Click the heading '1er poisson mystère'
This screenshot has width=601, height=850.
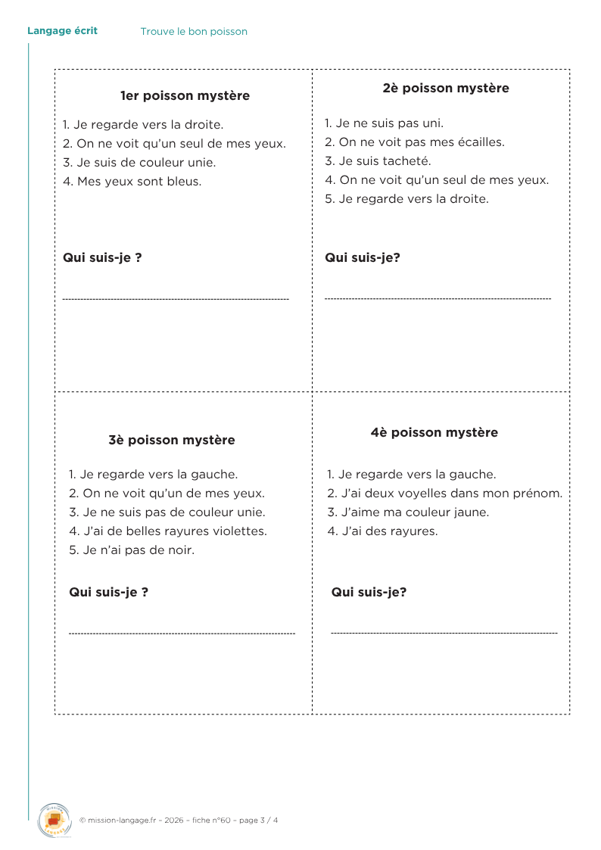185,96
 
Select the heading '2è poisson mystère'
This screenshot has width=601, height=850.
446,88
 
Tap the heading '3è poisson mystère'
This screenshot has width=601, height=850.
172,440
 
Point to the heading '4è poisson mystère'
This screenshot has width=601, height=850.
434,432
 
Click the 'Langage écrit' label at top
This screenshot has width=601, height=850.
62,31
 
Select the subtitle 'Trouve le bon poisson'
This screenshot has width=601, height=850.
194,32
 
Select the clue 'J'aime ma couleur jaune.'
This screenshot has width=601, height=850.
408,512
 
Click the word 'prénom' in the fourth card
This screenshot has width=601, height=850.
540,493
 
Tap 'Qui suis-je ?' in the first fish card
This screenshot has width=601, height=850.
102,257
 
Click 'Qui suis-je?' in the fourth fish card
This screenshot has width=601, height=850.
369,592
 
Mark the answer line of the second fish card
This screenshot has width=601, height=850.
438,299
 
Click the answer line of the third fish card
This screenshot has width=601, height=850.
182,633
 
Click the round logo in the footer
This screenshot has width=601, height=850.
54,820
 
